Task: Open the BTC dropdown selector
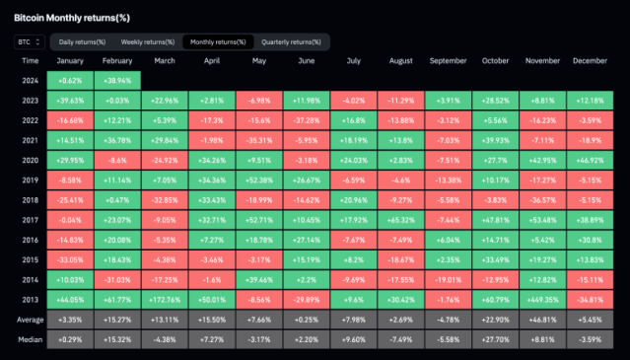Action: point(29,42)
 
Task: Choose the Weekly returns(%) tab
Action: point(147,42)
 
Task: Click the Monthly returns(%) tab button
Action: point(218,42)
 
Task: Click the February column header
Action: point(117,61)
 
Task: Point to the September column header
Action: point(449,61)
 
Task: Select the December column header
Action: point(590,61)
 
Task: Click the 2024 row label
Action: point(30,79)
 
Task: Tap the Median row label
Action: point(30,337)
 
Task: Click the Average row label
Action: point(30,320)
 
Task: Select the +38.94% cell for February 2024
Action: point(117,79)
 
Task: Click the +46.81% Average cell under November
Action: point(543,320)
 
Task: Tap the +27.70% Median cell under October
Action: point(496,337)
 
